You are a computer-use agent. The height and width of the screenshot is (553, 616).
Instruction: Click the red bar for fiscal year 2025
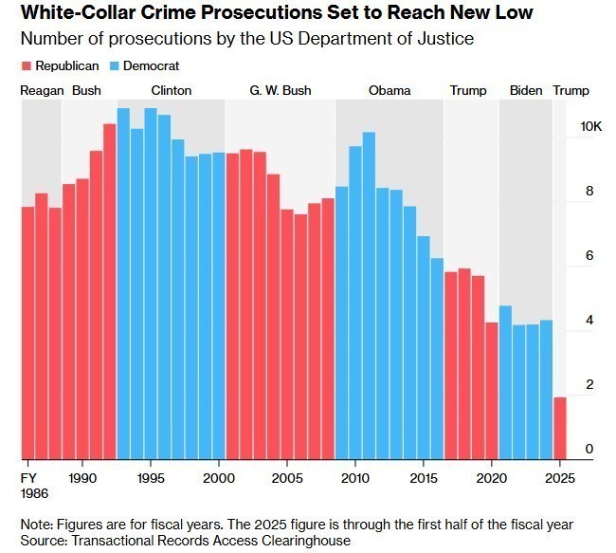click(x=560, y=428)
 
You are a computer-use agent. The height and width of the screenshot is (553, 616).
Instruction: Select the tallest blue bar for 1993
click(x=123, y=285)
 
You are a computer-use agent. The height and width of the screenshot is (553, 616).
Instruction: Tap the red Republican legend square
click(x=26, y=66)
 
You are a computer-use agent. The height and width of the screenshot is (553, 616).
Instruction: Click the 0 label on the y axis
click(x=589, y=449)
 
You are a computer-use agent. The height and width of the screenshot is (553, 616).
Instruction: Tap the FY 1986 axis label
click(x=33, y=485)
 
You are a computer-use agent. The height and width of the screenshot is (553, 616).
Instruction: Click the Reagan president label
click(x=42, y=91)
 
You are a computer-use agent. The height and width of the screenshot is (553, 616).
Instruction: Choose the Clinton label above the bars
click(x=171, y=91)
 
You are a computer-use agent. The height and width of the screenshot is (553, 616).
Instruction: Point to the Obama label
click(x=390, y=91)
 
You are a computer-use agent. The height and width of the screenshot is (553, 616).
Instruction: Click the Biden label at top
click(x=526, y=91)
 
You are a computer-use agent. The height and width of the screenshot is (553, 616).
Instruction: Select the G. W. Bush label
click(x=280, y=91)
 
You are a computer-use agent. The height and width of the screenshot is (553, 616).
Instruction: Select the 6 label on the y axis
click(x=589, y=256)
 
